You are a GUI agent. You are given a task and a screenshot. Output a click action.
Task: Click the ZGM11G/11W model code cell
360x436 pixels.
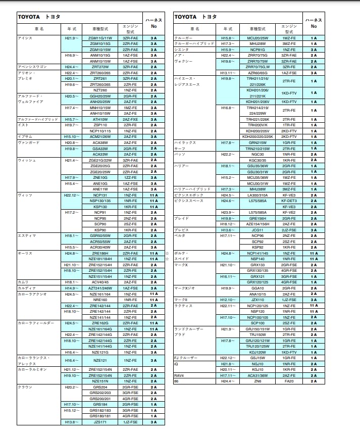coord(99,38)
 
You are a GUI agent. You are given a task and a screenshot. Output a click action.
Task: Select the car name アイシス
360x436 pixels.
coord(25,38)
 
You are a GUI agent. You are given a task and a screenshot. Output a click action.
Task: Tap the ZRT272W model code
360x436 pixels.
coord(99,67)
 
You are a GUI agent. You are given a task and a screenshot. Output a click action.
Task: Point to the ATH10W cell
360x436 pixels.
coord(99,119)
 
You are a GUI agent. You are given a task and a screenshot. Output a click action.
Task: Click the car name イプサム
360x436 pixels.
coord(25,137)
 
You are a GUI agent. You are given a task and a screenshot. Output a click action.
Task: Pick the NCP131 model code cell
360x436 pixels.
coord(99,195)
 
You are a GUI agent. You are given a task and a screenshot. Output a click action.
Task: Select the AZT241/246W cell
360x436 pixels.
coord(99,288)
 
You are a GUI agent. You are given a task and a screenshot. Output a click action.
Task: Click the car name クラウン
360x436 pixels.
coord(25,387)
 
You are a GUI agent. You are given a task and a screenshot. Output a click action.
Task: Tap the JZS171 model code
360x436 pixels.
coord(99,422)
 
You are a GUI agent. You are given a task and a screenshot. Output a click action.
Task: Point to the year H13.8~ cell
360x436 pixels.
coord(70,422)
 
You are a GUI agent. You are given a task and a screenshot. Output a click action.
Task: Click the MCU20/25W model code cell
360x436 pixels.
coord(258,38)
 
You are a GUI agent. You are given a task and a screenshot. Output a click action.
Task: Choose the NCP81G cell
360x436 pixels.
coord(258,50)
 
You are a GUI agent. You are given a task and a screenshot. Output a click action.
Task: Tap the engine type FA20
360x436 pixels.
coord(289,381)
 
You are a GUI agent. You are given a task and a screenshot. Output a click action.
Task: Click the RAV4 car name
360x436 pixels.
coord(179,375)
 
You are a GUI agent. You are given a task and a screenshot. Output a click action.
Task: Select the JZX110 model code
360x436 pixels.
coord(258,300)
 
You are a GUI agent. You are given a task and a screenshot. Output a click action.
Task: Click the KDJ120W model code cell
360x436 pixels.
coord(258,352)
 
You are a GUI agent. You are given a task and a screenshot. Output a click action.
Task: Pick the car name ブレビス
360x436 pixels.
coord(181,230)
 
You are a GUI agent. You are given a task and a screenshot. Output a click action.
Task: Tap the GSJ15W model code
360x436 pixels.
coord(258,358)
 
